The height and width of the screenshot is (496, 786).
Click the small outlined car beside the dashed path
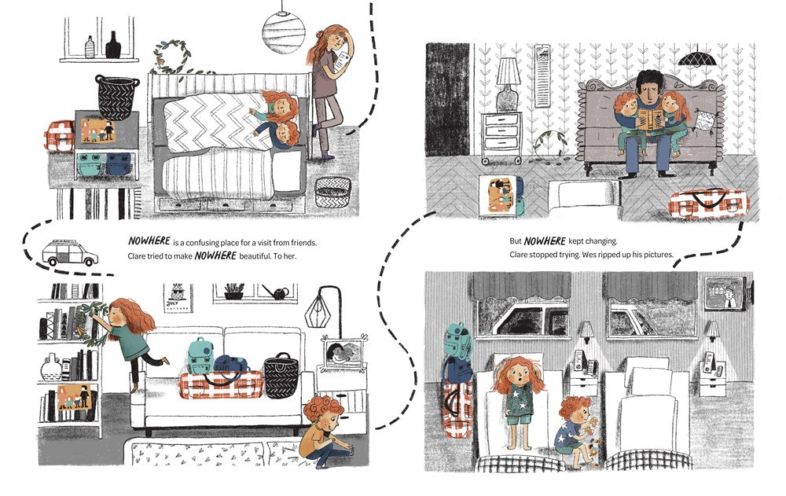tap(70, 253)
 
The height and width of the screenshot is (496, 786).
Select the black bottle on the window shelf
tap(112, 45)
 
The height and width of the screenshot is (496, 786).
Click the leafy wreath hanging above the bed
tap(172, 56)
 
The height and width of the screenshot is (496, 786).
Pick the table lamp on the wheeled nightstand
tap(507, 84)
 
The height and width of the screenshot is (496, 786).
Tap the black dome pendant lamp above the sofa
tap(697, 59)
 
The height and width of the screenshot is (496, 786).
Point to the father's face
tap(650, 90)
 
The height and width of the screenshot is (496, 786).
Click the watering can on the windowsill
tap(275, 292)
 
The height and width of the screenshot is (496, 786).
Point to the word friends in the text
tap(303, 243)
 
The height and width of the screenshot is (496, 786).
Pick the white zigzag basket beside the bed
tap(332, 192)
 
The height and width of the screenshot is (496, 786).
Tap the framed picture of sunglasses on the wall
tap(178, 298)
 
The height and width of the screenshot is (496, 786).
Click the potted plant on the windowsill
tap(233, 292)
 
